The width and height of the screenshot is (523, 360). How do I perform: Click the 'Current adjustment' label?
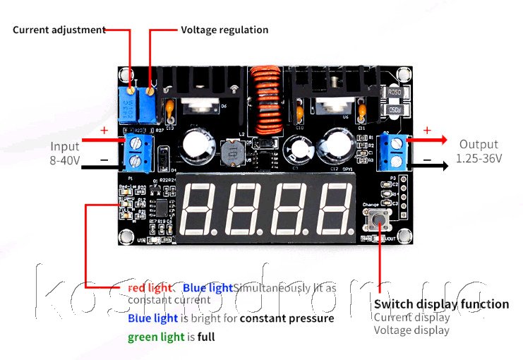click(59, 30)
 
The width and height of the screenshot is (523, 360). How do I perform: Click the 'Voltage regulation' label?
click(224, 30)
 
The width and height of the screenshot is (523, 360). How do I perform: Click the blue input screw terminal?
click(138, 152)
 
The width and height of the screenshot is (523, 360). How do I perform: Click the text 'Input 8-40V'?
click(65, 153)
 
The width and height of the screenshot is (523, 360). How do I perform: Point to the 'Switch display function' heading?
click(441, 304)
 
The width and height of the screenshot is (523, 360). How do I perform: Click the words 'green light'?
click(156, 337)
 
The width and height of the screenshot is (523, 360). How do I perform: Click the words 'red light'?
click(150, 288)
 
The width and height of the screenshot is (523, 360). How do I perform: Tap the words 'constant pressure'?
click(287, 318)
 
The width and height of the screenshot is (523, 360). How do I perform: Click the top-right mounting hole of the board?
click(403, 73)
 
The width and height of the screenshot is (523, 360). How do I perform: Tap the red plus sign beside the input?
click(104, 131)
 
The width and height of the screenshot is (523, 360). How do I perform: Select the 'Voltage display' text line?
click(411, 330)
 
